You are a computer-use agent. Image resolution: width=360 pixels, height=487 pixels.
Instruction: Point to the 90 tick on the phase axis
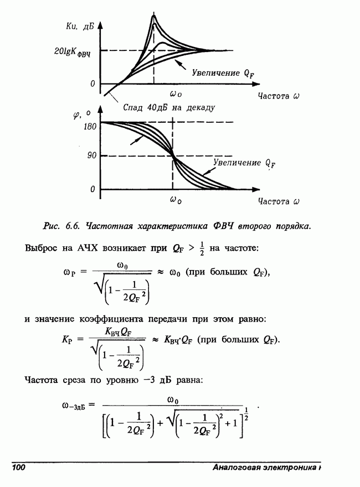pos(91,156)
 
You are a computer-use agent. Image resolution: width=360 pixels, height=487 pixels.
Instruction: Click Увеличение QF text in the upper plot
pos(225,72)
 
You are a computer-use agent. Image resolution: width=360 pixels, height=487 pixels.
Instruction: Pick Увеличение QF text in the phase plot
pos(244,163)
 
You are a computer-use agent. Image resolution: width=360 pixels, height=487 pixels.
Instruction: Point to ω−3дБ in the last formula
pos(73,406)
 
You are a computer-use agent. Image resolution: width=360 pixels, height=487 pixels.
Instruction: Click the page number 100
pos(19,469)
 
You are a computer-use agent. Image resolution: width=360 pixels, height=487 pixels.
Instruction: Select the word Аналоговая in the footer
pos(235,469)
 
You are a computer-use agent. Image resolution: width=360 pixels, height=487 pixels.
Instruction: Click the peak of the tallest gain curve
pos(154,17)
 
